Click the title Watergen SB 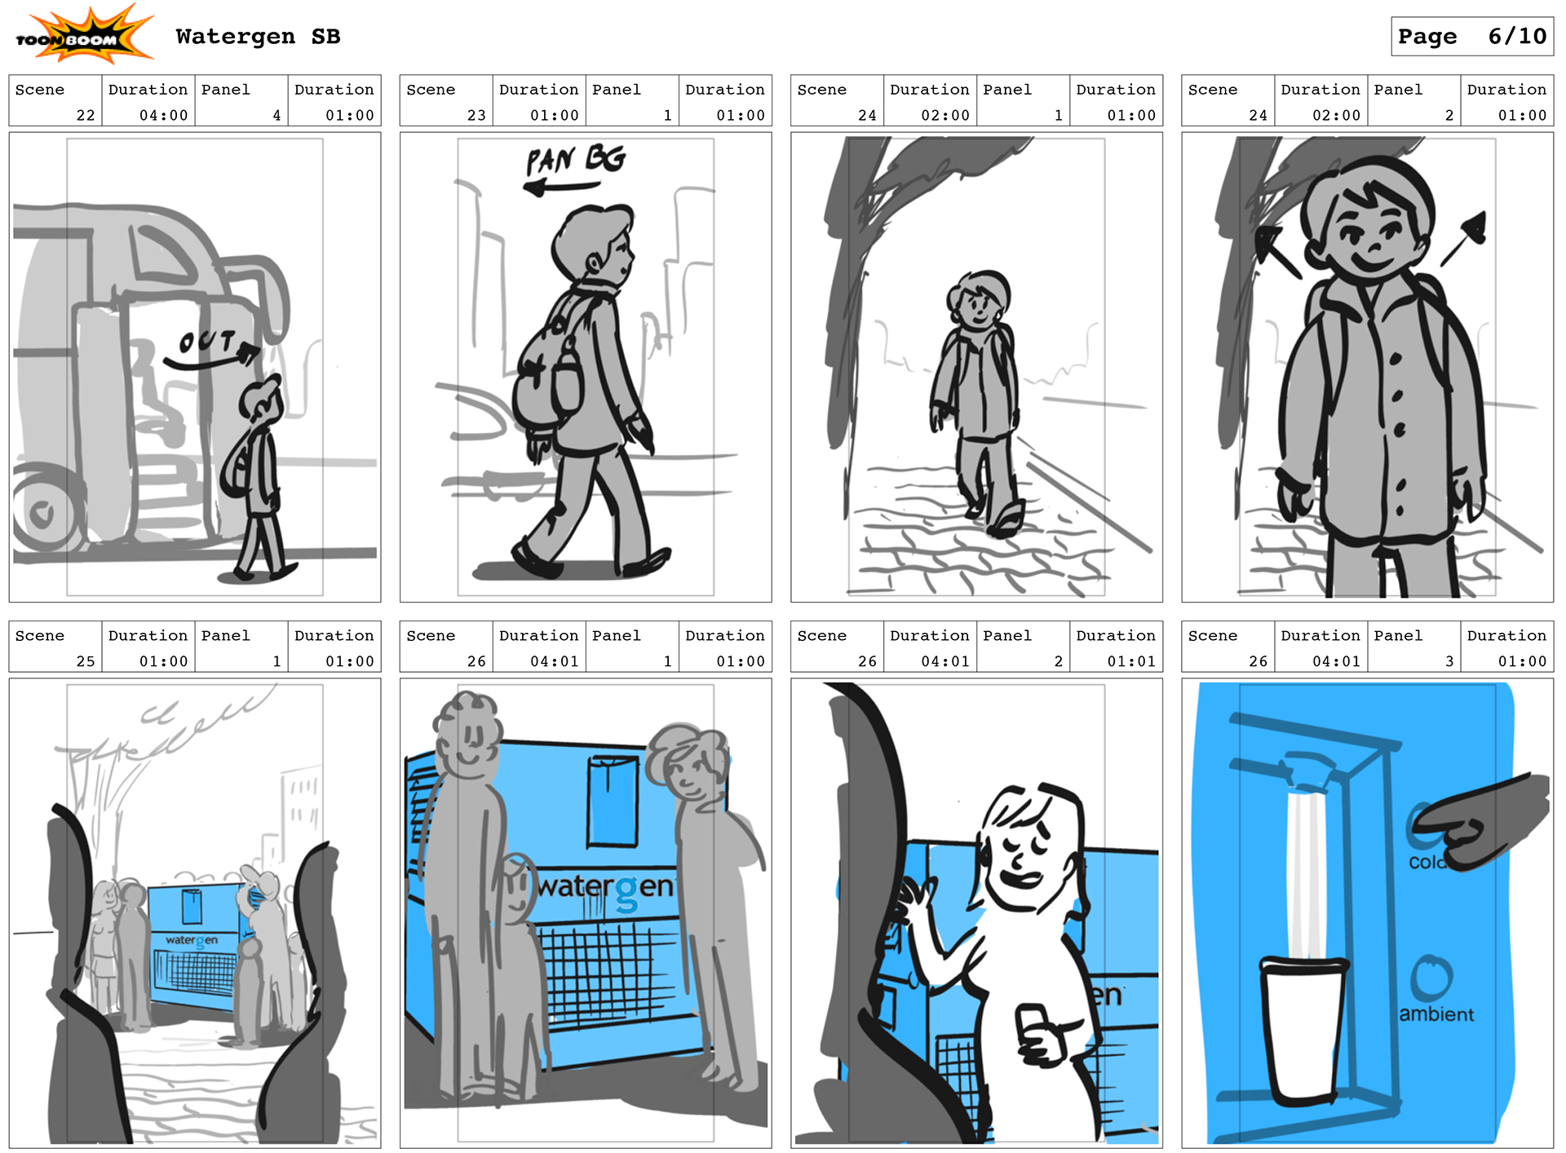[258, 37]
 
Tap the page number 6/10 [1517, 37]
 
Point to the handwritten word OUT [207, 342]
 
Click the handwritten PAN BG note [576, 159]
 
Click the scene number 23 [476, 116]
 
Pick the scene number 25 [86, 661]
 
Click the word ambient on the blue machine [1436, 1014]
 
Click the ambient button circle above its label [1432, 978]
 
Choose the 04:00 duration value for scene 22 [164, 116]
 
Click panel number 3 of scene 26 [1449, 661]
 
